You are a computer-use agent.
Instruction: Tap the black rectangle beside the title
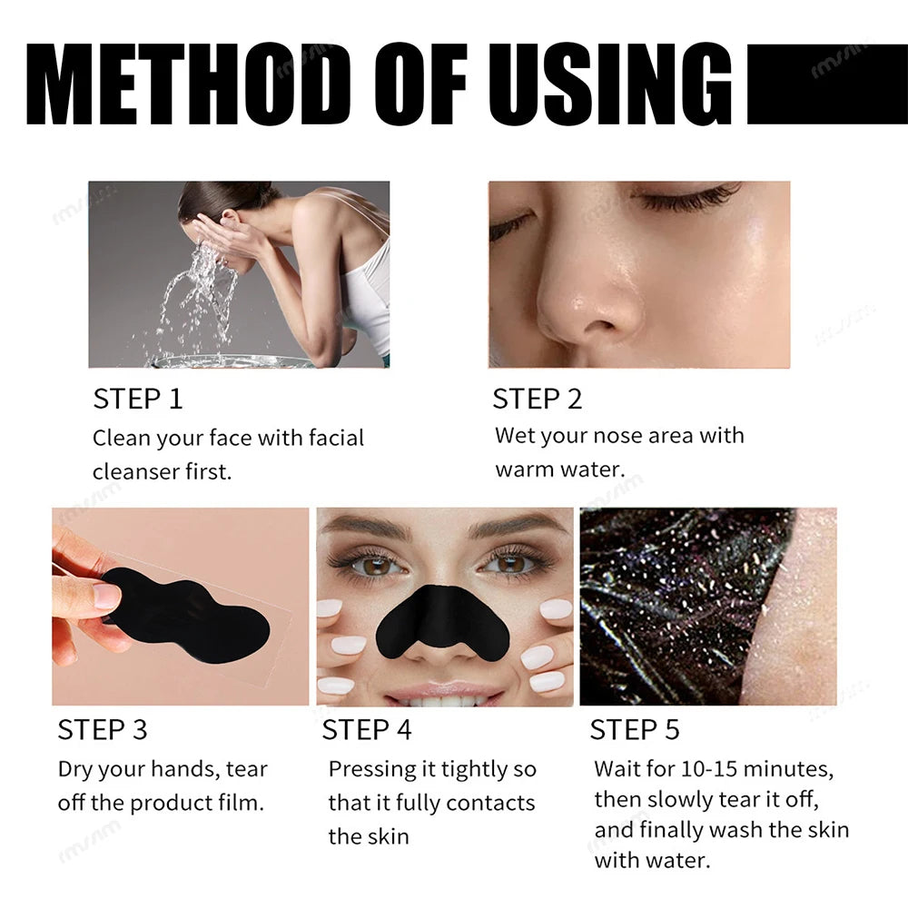825,84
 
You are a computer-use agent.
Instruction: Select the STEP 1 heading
137,399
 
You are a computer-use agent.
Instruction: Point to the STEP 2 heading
537,399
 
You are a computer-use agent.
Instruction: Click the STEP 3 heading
102,729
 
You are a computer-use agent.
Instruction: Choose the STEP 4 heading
366,729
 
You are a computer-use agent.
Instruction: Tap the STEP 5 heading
634,729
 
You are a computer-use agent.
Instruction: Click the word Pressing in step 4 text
370,769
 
